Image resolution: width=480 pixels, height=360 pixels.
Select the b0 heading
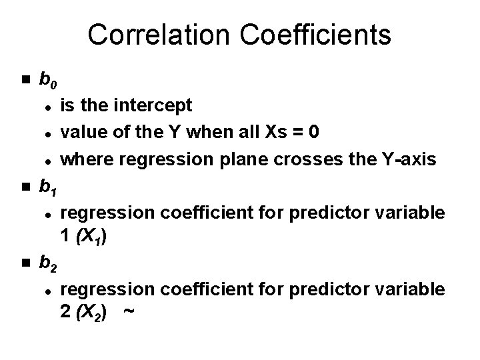(x=48, y=81)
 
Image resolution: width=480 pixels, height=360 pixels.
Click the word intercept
(x=156, y=105)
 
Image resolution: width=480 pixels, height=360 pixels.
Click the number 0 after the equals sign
(x=313, y=132)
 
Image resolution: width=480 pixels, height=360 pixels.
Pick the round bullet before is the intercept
(x=49, y=106)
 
